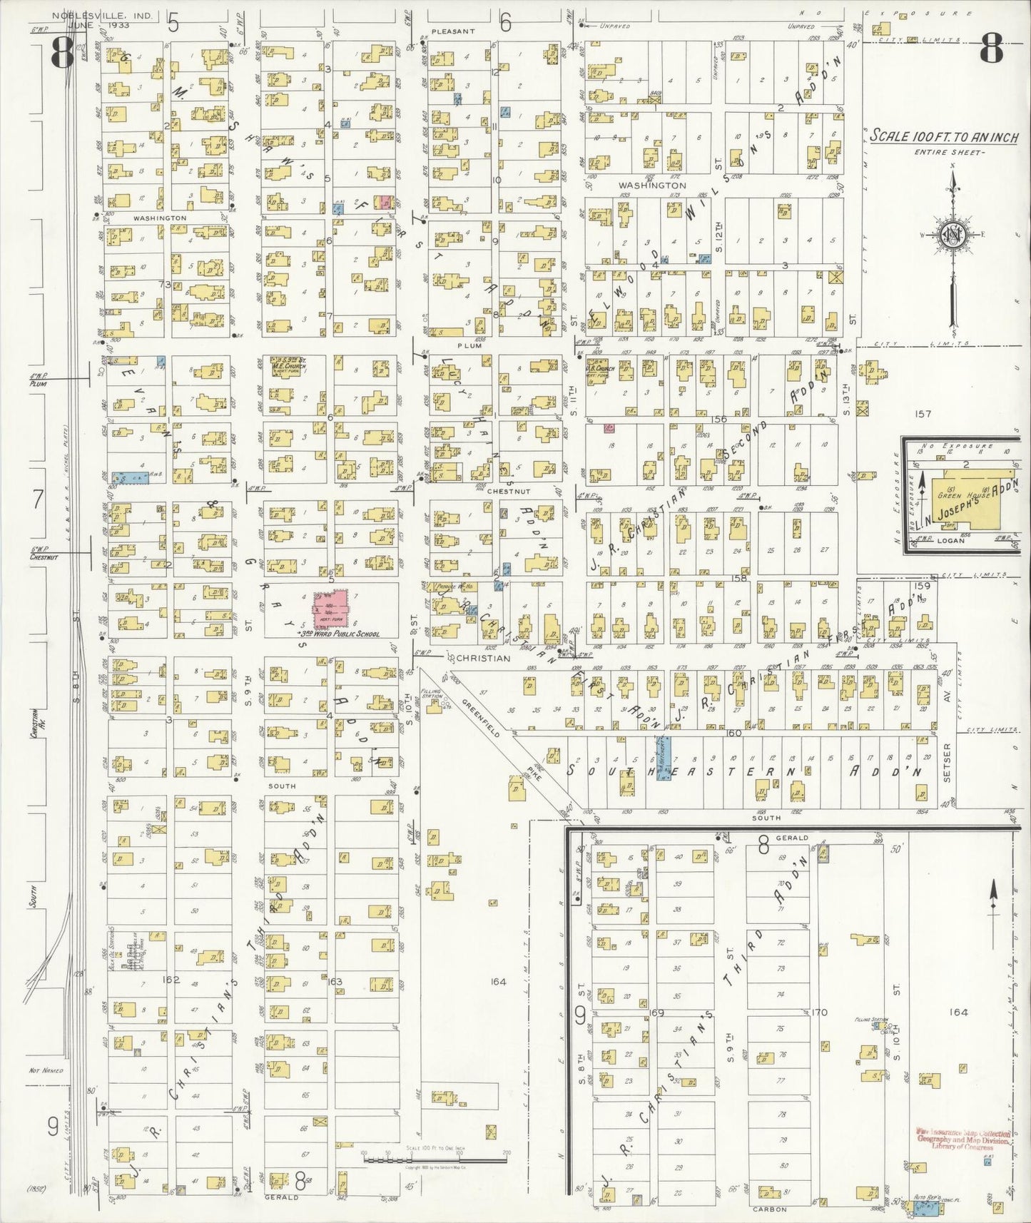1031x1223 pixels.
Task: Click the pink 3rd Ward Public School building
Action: (331, 609)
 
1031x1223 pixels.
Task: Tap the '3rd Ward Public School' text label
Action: (338, 634)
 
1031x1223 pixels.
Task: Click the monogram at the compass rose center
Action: (951, 235)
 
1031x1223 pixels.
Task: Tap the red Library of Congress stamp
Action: (963, 1140)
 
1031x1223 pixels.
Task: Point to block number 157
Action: (923, 413)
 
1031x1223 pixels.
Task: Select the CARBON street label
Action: (769, 1209)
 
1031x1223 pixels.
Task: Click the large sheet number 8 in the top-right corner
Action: (991, 51)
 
